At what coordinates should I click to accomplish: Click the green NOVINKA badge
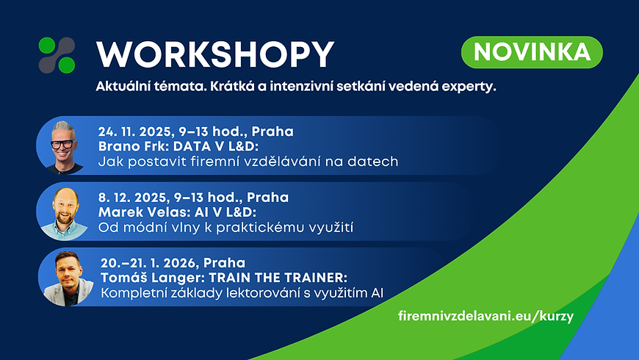pyautogui.click(x=532, y=52)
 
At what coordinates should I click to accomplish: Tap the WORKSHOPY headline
pyautogui.click(x=215, y=54)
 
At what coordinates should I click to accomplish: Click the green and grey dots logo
pyautogui.click(x=57, y=55)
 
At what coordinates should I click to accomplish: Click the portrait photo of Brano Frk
pyautogui.click(x=63, y=144)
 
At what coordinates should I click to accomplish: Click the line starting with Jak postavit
pyautogui.click(x=248, y=161)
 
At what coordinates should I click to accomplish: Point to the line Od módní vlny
pyautogui.click(x=225, y=227)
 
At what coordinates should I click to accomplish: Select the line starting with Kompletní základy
pyautogui.click(x=243, y=292)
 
